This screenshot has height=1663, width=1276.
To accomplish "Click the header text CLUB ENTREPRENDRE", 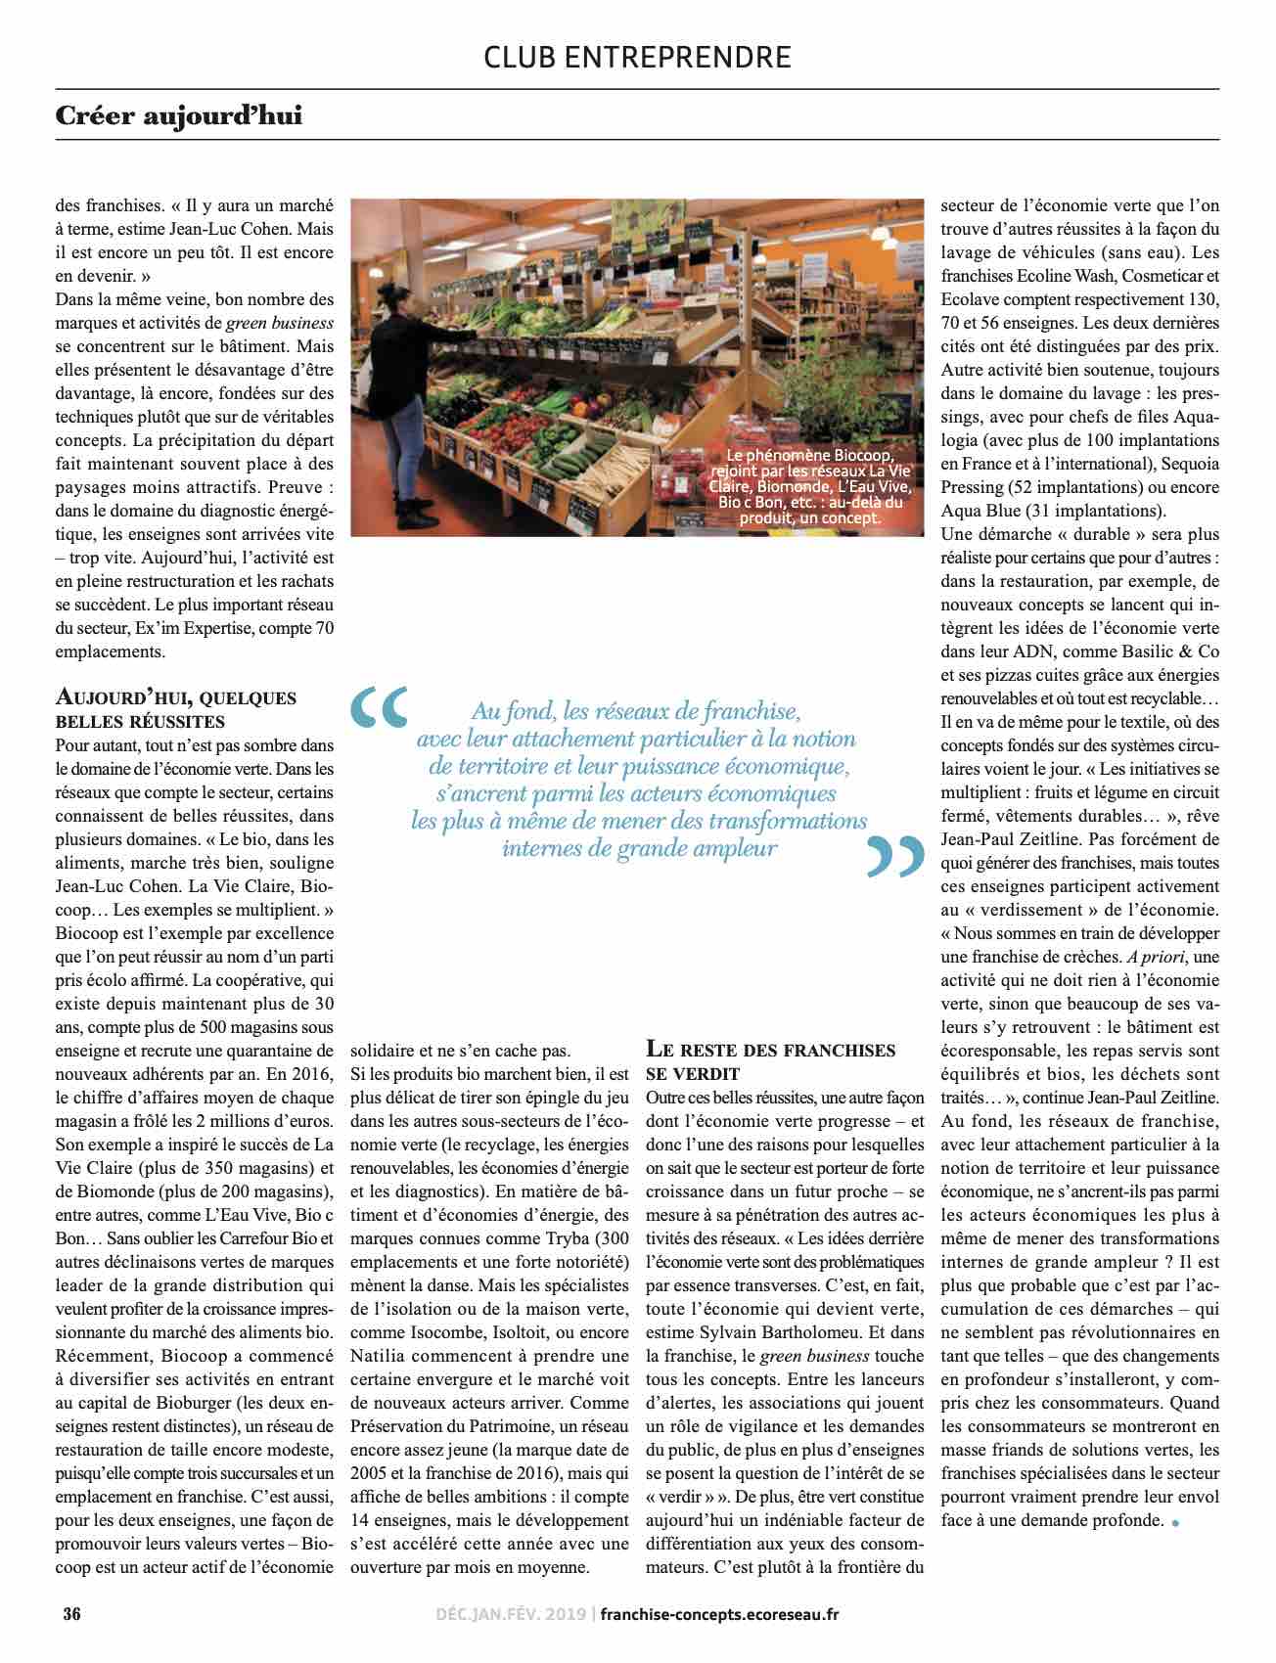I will click(637, 57).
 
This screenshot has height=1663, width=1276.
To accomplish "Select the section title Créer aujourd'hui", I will click(179, 116).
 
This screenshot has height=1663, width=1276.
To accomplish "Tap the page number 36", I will click(71, 1613).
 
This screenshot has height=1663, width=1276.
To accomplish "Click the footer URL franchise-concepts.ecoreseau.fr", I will click(719, 1613).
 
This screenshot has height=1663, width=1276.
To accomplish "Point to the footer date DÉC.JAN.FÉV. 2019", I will click(509, 1613).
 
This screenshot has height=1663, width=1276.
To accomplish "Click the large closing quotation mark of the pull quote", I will click(895, 857).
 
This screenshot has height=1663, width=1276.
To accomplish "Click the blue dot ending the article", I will click(1175, 1521).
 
